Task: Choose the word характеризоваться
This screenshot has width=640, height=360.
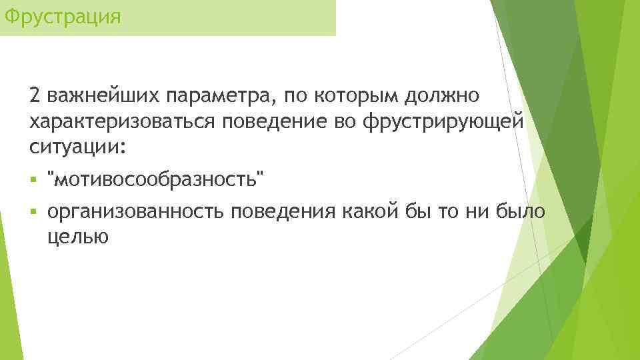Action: (122, 121)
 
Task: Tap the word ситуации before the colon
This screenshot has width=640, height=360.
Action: (73, 146)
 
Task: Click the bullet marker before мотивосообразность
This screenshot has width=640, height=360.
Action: (33, 179)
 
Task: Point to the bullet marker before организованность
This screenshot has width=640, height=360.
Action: (33, 212)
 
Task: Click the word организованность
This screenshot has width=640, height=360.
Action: (137, 212)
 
